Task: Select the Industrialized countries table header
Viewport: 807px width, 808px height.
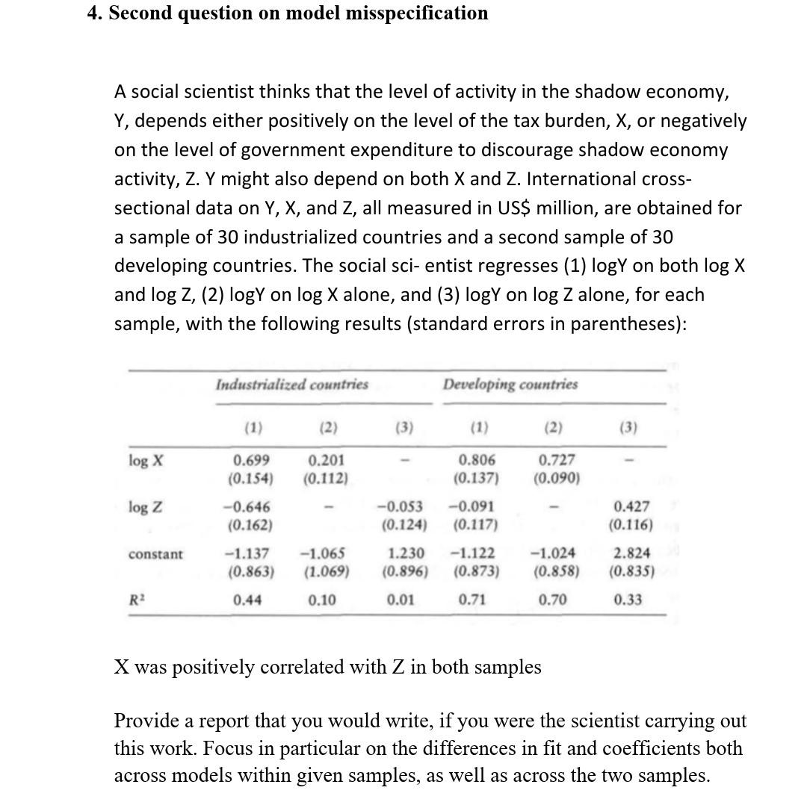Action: [x=291, y=385]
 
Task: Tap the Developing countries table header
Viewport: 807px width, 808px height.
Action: [x=510, y=385]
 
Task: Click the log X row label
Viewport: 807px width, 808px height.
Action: [x=140, y=461]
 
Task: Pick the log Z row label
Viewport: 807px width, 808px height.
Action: [x=140, y=508]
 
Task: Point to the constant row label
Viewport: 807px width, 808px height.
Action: [x=155, y=555]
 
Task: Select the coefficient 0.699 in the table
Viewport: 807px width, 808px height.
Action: [x=252, y=461]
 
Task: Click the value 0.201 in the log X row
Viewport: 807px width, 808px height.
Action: [x=327, y=461]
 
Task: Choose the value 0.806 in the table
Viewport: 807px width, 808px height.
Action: [x=477, y=461]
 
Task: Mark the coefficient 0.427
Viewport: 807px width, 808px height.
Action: [x=631, y=508]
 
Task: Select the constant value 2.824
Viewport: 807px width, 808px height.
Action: [x=631, y=553]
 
